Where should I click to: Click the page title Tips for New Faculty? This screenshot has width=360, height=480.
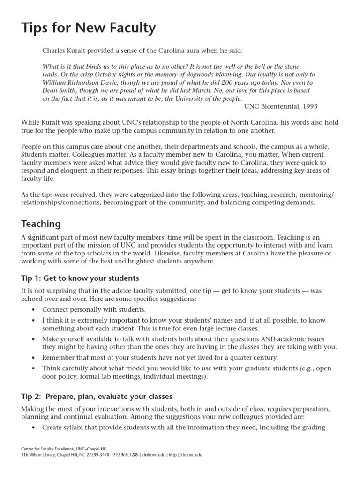pyautogui.click(x=88, y=28)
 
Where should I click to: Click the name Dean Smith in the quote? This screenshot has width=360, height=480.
pyautogui.click(x=60, y=90)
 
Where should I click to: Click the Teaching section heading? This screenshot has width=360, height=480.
pyautogui.click(x=41, y=224)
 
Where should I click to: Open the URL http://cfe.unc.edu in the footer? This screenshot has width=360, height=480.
pyautogui.click(x=186, y=455)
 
